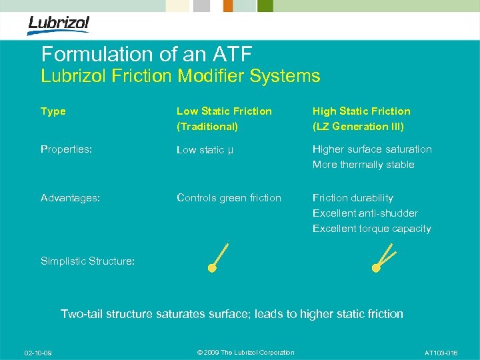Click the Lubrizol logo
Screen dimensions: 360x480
click(58, 25)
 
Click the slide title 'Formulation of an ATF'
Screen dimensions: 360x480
click(147, 53)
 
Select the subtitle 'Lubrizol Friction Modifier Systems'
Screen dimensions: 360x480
click(180, 76)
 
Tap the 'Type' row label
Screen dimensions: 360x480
click(53, 111)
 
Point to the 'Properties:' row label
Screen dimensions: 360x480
click(66, 149)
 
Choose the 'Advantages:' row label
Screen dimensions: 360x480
click(70, 198)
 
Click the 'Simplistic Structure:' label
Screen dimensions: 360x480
click(87, 261)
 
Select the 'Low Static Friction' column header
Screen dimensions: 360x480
click(224, 111)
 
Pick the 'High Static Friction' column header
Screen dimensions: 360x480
click(361, 111)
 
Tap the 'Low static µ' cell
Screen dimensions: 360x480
click(205, 150)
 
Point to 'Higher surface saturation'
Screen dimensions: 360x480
click(372, 149)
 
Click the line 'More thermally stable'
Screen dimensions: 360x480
click(363, 165)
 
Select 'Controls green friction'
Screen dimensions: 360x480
click(229, 198)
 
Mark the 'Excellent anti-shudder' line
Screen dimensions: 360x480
click(365, 213)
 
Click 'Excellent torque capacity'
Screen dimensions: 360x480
click(372, 229)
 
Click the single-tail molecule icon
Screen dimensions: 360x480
click(218, 259)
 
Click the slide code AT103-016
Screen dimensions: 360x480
click(441, 353)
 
